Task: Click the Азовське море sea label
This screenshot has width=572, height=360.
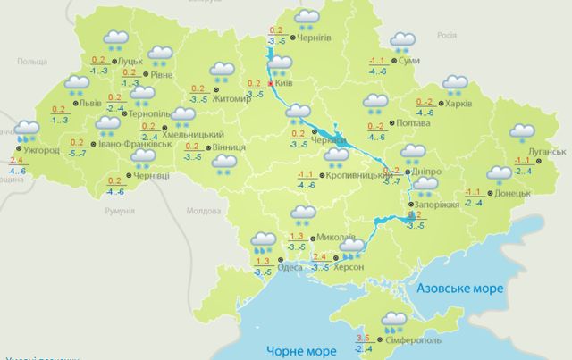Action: [460, 289]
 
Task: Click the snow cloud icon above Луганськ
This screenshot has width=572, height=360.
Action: [521, 133]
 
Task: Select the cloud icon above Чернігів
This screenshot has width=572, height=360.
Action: [308, 18]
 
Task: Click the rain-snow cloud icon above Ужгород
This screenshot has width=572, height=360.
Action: [27, 130]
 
